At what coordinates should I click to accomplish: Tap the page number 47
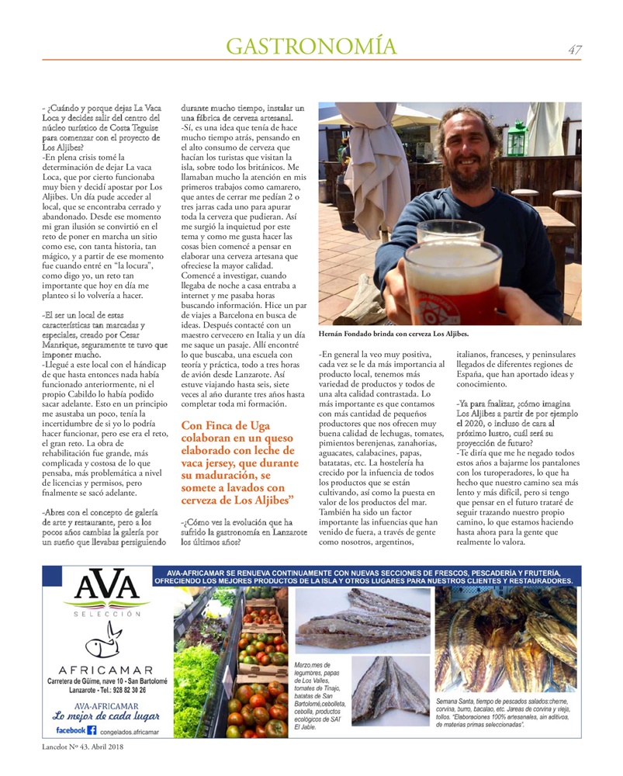pos(574,50)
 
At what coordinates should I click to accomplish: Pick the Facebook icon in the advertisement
pos(92,730)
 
